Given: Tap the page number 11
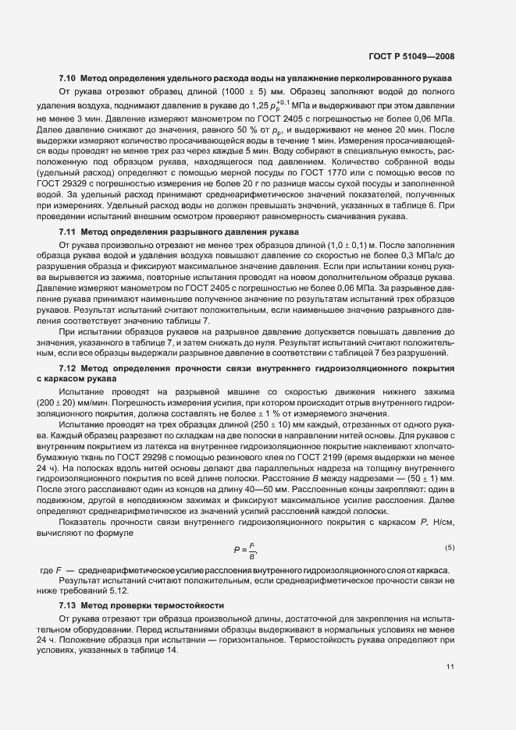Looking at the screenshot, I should (450, 666).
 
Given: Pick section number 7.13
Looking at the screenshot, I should (67, 605).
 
